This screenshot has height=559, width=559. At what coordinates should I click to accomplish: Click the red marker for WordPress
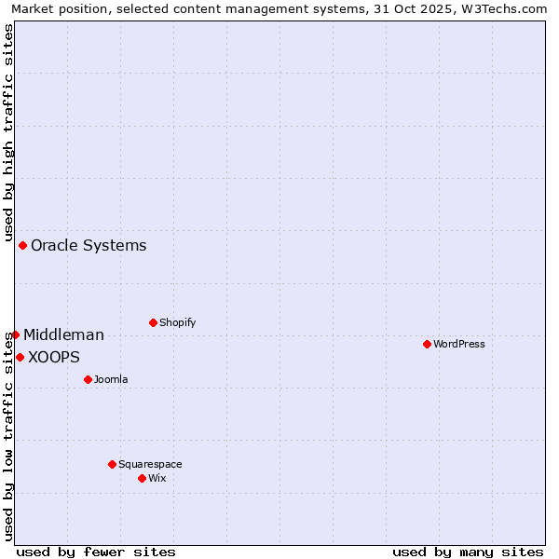point(427,344)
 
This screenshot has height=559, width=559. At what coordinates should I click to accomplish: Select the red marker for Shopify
point(153,322)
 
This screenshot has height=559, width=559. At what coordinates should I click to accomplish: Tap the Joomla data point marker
point(88,379)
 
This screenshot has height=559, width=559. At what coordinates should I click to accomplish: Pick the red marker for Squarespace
point(112,464)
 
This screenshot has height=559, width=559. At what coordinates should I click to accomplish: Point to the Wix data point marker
point(142,478)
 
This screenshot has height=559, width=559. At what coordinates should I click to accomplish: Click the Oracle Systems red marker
point(22,245)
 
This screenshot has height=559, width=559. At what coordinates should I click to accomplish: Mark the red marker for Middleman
point(15,334)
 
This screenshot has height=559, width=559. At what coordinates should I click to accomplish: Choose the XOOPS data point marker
point(20,357)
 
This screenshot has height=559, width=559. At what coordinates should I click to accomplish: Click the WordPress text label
point(459,344)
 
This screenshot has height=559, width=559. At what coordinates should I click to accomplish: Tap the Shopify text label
point(178,322)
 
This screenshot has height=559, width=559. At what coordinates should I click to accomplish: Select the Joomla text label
point(111,379)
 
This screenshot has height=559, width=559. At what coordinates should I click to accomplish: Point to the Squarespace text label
point(150,464)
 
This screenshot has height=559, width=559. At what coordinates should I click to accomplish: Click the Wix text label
point(157,478)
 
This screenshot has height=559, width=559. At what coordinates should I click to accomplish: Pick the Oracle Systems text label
point(89,246)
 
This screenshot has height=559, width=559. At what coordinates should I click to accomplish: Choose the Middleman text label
point(63,335)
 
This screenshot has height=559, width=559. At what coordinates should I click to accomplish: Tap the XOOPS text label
point(54,358)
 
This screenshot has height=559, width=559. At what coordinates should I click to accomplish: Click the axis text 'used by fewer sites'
point(96,552)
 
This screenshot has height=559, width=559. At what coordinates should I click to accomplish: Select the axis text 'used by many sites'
point(468,552)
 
